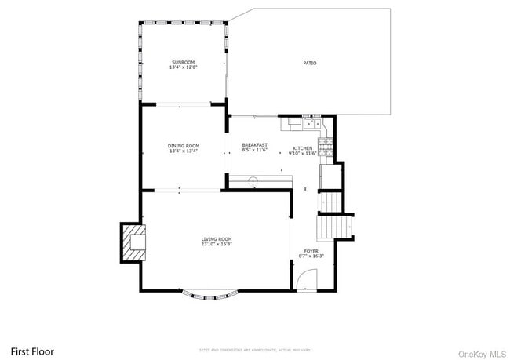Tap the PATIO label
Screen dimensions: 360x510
point(310,63)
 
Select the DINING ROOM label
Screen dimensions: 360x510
point(183,145)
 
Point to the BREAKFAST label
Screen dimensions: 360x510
point(254,145)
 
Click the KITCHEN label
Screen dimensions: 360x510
point(302,148)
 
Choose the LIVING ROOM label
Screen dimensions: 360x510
point(216,239)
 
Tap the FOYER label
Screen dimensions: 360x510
point(311,251)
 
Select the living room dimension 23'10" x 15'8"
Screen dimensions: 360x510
point(216,245)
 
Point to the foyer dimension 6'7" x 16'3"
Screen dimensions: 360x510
point(311,256)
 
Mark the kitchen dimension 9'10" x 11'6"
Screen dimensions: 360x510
point(302,154)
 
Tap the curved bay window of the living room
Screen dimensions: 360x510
point(209,295)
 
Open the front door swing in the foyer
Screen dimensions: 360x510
point(307,279)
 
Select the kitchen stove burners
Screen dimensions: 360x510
point(329,145)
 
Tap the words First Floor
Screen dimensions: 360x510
point(31,351)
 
